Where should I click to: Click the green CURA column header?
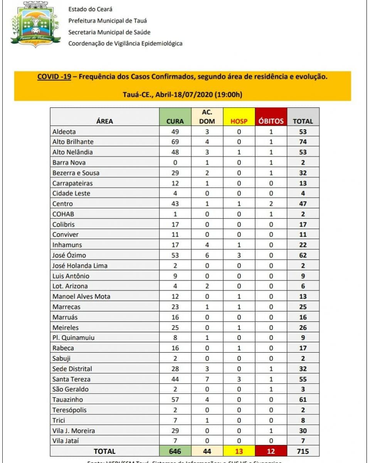click(175, 121)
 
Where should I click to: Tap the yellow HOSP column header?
click(239, 121)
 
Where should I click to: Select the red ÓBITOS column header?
click(271, 121)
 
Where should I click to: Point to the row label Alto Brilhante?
click(73, 142)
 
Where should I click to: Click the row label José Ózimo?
click(69, 255)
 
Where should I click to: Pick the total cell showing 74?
click(303, 142)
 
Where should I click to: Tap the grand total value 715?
click(303, 451)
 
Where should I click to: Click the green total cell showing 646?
click(175, 451)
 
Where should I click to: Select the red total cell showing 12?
click(271, 451)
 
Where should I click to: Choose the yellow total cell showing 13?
click(239, 451)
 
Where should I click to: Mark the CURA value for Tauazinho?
click(175, 399)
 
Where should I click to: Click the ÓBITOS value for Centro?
click(271, 203)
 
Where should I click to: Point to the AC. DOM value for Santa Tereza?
click(207, 379)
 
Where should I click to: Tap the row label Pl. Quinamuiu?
click(74, 338)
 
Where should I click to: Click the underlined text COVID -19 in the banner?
click(54, 76)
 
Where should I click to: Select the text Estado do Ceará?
click(90, 9)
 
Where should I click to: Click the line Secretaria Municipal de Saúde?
click(109, 32)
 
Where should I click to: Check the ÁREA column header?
click(104, 121)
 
